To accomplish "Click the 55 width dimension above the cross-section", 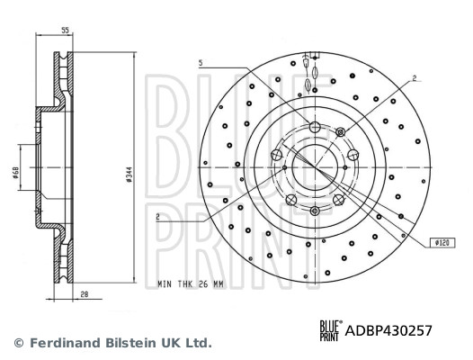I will pyautogui.click(x=65, y=31).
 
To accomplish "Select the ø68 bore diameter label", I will pyautogui.click(x=17, y=173).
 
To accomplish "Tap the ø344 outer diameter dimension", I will pyautogui.click(x=130, y=173).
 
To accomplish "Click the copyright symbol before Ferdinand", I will pyautogui.click(x=17, y=343).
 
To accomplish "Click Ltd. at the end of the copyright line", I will pyautogui.click(x=198, y=343).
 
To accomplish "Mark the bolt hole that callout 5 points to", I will pyautogui.click(x=314, y=125).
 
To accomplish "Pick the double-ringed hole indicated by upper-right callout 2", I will pyautogui.click(x=340, y=132).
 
